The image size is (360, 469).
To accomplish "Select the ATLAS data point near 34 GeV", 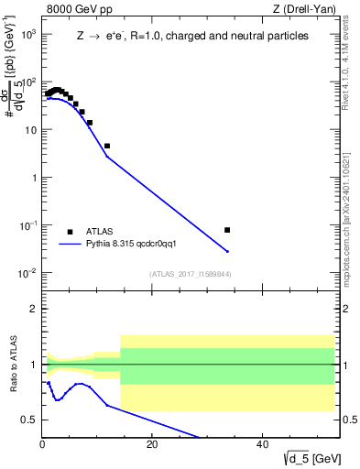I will [227, 230].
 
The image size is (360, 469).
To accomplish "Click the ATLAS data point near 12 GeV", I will [107, 146].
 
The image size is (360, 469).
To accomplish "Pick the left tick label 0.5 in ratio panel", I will [29, 420].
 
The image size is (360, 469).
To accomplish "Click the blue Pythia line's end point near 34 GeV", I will [227, 251].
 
